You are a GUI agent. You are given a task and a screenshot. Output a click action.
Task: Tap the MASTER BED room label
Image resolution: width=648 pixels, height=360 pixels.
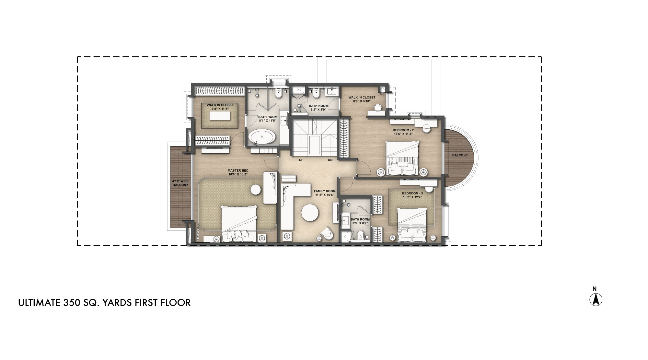coord(238,172)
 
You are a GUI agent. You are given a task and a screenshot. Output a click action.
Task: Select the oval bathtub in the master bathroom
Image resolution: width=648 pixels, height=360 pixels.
coord(263,137)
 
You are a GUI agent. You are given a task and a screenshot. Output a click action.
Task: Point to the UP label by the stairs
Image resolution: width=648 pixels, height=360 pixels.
coord(301,160)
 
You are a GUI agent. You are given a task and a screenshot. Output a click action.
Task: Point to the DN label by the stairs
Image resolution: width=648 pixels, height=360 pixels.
coord(330,160)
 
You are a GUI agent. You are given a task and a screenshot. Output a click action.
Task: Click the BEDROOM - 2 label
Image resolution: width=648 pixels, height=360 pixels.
coord(403,132)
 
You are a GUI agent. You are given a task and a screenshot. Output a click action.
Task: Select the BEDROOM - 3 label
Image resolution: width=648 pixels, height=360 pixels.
coord(412,195)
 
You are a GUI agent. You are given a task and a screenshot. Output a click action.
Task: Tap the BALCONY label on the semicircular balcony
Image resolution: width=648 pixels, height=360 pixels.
coord(460,155)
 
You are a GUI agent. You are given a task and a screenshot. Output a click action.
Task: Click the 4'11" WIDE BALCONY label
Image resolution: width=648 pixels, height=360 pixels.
coord(180,183)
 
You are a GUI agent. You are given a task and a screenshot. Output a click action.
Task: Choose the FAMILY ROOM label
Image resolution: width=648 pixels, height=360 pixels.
coord(325,193)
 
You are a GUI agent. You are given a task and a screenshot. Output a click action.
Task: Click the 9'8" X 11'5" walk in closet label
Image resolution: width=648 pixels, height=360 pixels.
coord(220,107)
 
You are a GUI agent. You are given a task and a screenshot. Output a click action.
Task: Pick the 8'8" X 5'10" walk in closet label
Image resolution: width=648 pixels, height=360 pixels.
coord(362,99)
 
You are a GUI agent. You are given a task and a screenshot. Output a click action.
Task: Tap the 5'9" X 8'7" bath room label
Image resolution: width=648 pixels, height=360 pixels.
coord(360,221)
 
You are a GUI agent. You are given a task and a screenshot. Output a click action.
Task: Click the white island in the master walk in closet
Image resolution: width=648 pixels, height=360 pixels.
coord(220,116)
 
